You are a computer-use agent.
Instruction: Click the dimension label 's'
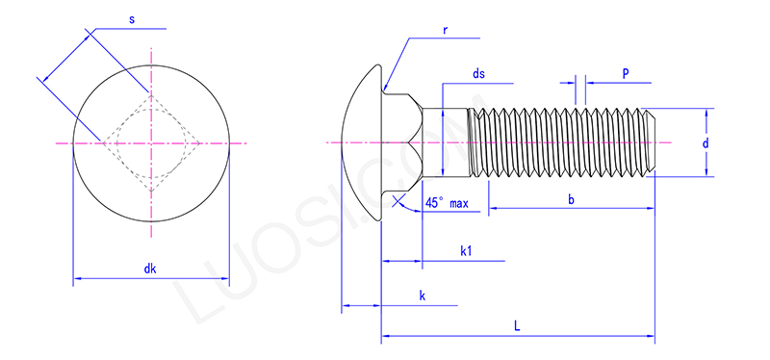[131, 19]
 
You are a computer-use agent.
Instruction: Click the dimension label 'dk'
[150, 270]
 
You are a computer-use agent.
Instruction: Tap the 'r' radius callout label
[445, 30]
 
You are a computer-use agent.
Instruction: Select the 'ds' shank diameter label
[478, 74]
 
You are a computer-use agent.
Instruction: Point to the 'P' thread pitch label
[626, 73]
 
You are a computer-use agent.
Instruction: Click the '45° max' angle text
[447, 203]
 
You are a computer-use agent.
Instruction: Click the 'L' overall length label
[517, 326]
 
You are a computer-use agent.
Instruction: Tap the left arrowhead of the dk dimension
[77, 280]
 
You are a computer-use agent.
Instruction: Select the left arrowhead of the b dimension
[493, 208]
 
